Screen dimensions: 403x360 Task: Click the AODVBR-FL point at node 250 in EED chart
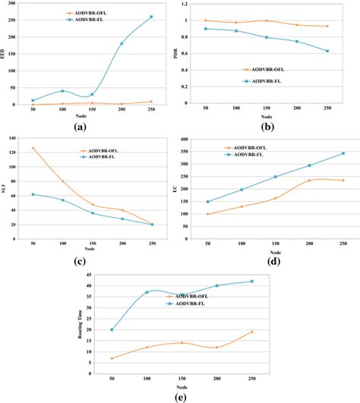(151, 17)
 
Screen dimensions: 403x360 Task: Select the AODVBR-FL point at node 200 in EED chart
(122, 44)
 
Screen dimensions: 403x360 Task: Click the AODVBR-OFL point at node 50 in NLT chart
(33, 148)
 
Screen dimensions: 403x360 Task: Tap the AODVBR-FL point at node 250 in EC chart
(343, 153)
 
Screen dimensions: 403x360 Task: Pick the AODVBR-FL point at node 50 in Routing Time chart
(112, 329)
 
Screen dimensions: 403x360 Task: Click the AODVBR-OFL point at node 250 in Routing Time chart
(252, 332)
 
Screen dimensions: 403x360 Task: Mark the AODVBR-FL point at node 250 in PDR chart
(327, 51)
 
